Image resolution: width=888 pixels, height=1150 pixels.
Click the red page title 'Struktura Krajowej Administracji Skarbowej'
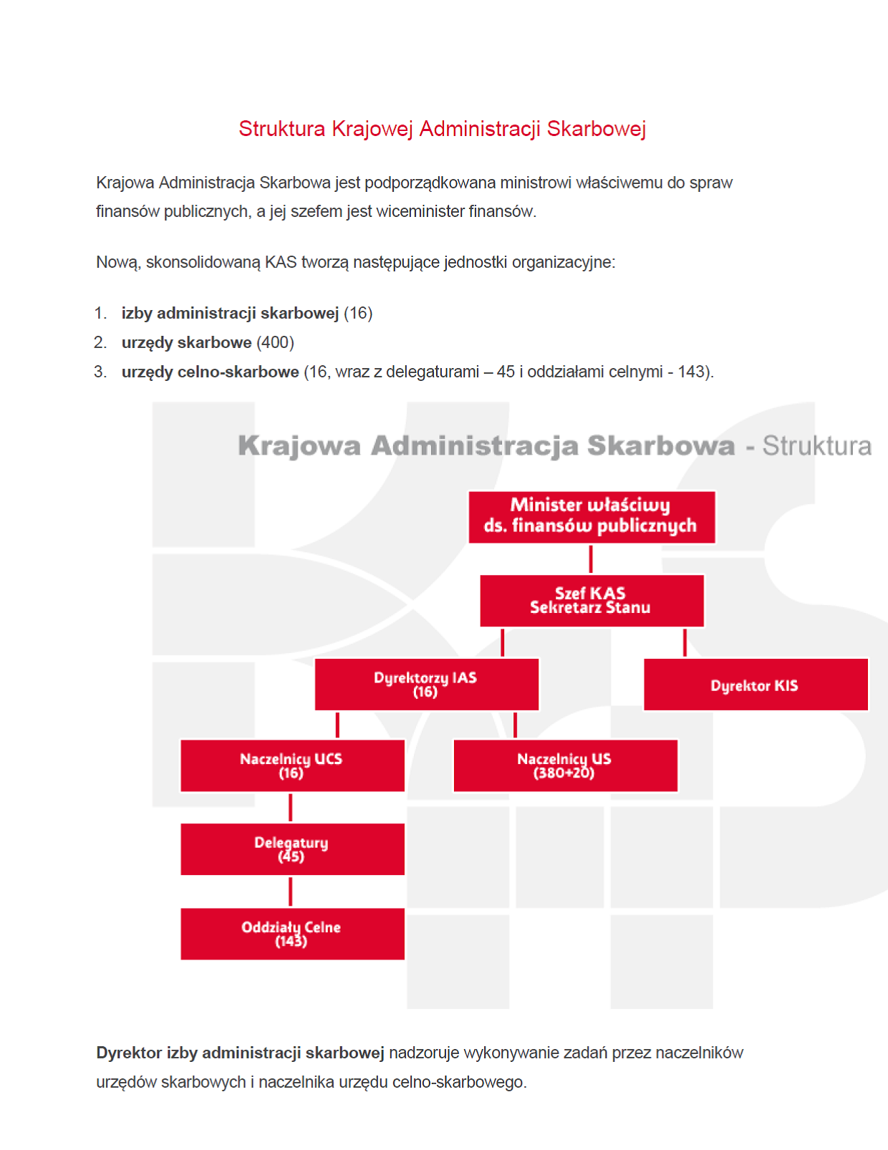442,129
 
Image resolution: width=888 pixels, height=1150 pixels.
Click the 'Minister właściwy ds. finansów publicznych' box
591,516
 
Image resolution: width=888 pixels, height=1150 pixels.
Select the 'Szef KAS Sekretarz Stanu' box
591,601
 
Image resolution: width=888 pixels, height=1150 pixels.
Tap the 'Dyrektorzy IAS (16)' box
426,685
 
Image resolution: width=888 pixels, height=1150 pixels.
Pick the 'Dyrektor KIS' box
755,685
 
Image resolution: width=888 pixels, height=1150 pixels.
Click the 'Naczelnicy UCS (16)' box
291,765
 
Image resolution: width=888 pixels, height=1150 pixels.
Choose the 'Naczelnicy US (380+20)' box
565,765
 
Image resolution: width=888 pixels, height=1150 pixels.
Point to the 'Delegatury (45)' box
291,849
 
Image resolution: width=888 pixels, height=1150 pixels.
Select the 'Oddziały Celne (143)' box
291,934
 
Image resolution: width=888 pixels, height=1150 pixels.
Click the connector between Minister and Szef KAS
591,559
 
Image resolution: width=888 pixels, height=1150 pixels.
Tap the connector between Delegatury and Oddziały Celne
290,892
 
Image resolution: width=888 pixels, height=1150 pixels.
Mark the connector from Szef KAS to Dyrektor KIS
685,642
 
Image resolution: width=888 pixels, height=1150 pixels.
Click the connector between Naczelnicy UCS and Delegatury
290,808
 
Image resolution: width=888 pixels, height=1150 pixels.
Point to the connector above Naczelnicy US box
515,725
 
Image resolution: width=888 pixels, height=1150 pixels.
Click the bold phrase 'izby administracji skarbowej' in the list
230,314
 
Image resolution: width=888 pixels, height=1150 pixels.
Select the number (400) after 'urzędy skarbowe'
275,343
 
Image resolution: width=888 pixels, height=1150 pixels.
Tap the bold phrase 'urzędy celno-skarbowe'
210,372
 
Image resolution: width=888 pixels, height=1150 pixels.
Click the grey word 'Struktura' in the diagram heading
816,446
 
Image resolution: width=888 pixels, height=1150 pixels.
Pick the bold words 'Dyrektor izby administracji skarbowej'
240,1053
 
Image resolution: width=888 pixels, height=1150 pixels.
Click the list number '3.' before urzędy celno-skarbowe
100,372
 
